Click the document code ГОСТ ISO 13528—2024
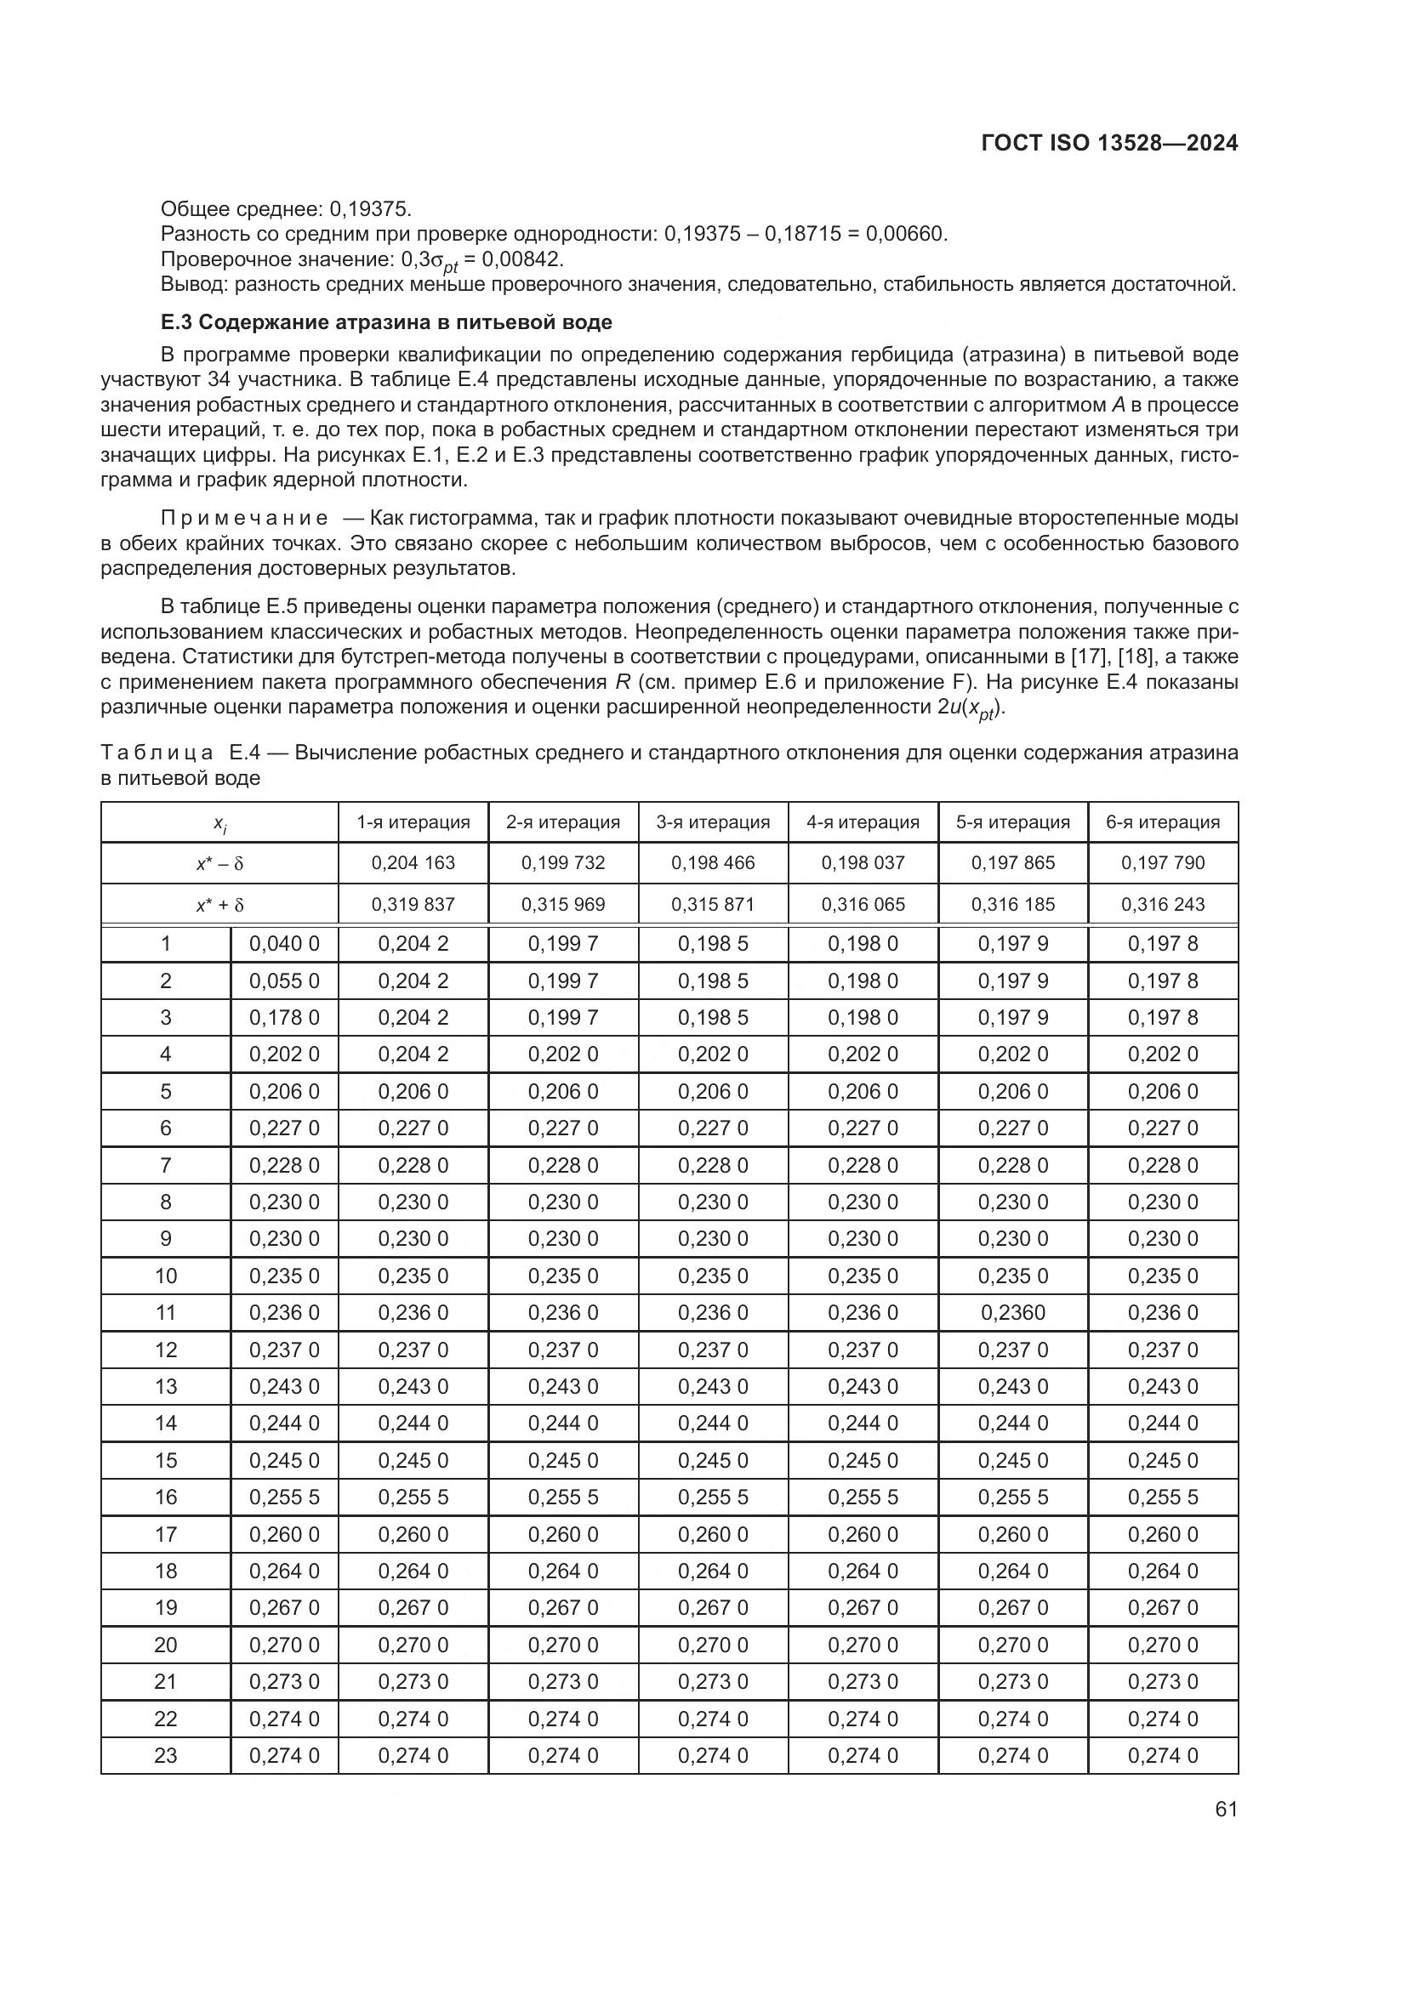click(1109, 143)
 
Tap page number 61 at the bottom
click(1226, 1809)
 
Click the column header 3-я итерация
click(712, 822)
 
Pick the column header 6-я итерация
click(1163, 822)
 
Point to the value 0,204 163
click(413, 863)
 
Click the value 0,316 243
click(1163, 905)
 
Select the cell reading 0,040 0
click(284, 944)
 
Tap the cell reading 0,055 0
click(284, 980)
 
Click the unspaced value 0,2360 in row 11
click(1013, 1312)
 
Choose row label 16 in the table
click(166, 1497)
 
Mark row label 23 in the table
click(166, 1755)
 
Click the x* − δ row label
click(220, 864)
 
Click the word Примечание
click(244, 518)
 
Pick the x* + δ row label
click(220, 906)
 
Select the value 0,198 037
click(863, 863)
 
